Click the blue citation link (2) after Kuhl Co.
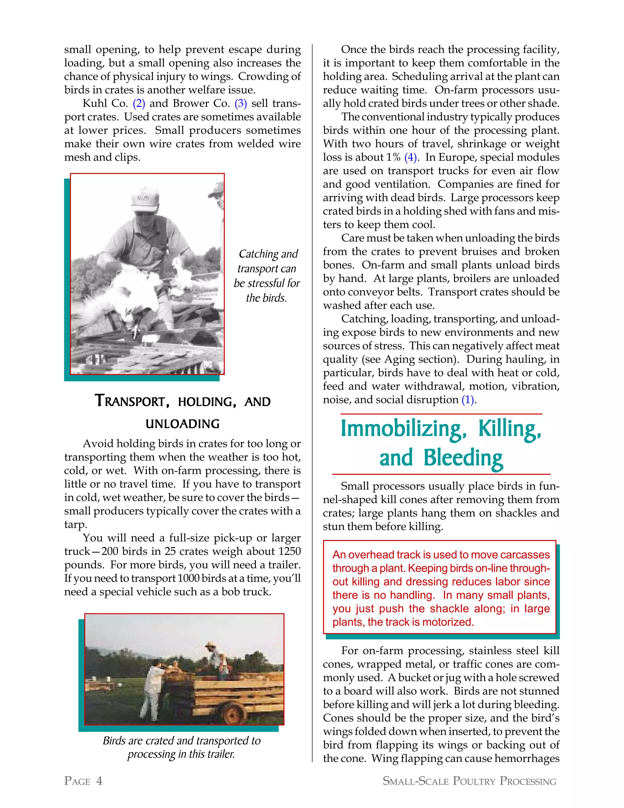click(x=139, y=103)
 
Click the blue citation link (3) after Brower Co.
click(x=241, y=103)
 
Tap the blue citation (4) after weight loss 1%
click(x=411, y=157)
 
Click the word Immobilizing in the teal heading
click(x=401, y=429)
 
